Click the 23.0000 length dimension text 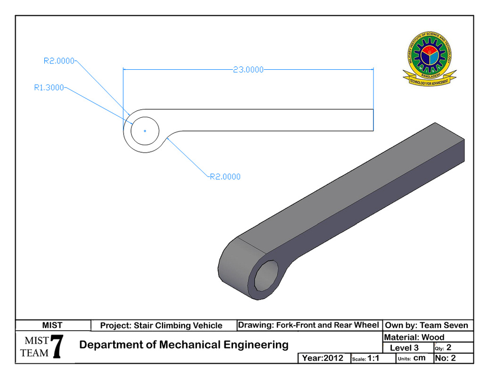click(x=248, y=70)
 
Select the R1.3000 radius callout click(x=49, y=87)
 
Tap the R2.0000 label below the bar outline click(x=225, y=177)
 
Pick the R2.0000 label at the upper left click(x=59, y=60)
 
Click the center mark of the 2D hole click(x=145, y=131)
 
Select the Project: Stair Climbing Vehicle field click(x=161, y=325)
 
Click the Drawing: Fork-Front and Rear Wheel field click(x=308, y=325)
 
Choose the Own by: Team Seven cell click(x=427, y=325)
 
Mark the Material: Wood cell click(x=414, y=337)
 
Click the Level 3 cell click(x=404, y=348)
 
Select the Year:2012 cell click(x=323, y=358)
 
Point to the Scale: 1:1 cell click(x=366, y=358)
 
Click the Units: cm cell click(x=412, y=358)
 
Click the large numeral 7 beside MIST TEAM click(x=57, y=348)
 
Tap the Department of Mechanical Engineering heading click(x=184, y=344)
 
